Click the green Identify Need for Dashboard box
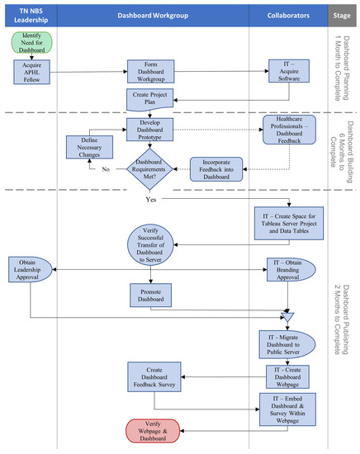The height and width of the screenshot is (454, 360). [x=32, y=43]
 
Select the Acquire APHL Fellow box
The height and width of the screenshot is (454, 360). [x=32, y=72]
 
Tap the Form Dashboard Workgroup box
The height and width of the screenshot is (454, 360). [x=150, y=72]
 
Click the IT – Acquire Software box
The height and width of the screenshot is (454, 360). [x=289, y=71]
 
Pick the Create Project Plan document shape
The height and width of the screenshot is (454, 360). [x=149, y=99]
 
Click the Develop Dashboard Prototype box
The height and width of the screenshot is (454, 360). [x=149, y=130]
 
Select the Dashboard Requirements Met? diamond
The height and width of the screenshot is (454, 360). [x=149, y=169]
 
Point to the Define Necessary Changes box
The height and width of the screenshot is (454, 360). [x=89, y=147]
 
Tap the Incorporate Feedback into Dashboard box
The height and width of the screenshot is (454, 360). [x=216, y=169]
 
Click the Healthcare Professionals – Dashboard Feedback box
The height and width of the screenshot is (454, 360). [x=289, y=130]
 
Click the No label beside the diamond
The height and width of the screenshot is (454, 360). [x=106, y=169]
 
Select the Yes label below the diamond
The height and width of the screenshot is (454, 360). [x=151, y=200]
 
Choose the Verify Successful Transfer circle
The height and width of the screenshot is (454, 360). [x=150, y=245]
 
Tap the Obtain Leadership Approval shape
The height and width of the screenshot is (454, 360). [x=30, y=270]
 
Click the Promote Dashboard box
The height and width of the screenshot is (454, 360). [x=150, y=296]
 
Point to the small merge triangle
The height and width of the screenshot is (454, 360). [x=287, y=316]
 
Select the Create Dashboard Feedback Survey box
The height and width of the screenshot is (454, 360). [x=154, y=377]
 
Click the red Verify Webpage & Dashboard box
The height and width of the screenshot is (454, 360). [x=153, y=431]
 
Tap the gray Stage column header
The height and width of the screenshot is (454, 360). [x=342, y=16]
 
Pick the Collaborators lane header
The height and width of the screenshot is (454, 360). [x=288, y=16]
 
